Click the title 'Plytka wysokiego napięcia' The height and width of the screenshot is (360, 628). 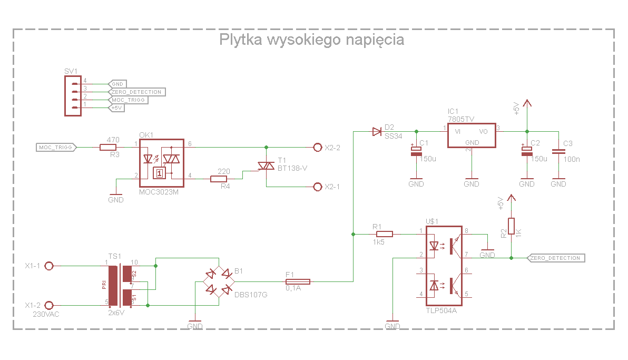coord(311,40)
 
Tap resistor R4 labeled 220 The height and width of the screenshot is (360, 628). coord(219,179)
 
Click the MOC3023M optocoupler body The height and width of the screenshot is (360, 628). coord(161,163)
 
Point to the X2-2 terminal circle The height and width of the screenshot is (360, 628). coord(317,148)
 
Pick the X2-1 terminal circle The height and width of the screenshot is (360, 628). coord(317,187)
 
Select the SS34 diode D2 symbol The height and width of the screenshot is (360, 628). coord(376,131)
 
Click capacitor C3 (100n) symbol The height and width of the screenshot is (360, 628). coord(558,152)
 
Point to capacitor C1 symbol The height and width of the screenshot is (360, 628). coord(416,152)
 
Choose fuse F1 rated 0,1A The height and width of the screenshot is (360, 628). coord(298,282)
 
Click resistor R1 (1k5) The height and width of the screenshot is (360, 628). coord(384,233)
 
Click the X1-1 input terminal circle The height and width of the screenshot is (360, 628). coord(49,266)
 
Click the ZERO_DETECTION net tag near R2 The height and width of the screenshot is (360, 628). coord(556,258)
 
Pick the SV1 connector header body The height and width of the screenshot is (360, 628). coord(72,95)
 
